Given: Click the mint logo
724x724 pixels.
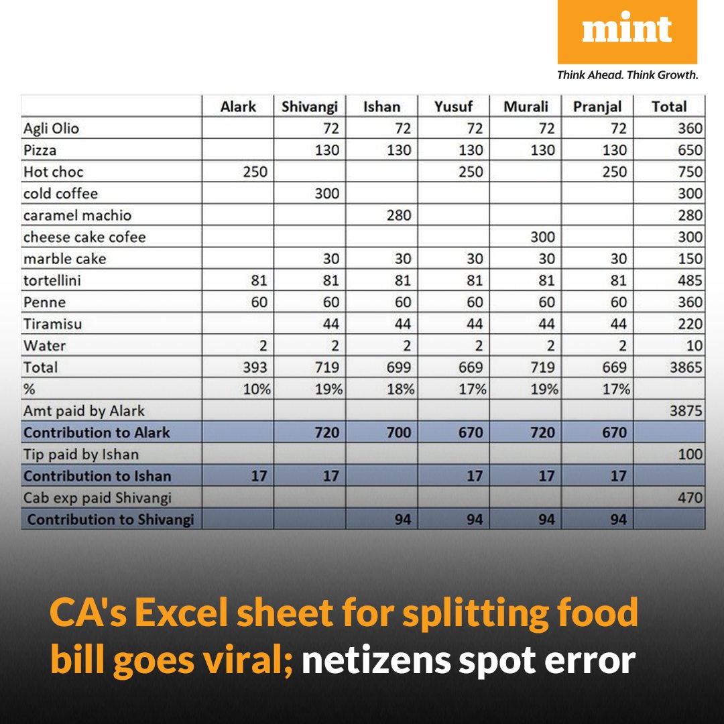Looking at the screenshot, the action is pyautogui.click(x=627, y=32).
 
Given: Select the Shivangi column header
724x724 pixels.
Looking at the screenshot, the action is pyautogui.click(x=309, y=107).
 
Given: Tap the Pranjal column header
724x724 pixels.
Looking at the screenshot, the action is pyautogui.click(x=597, y=107).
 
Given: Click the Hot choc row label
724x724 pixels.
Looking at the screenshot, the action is pyautogui.click(x=54, y=172).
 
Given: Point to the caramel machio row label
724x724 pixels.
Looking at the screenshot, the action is pyautogui.click(x=77, y=215).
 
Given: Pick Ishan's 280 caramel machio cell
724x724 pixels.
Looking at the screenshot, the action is pyautogui.click(x=399, y=215).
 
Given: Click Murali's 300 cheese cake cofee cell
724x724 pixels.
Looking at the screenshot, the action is pyautogui.click(x=542, y=237).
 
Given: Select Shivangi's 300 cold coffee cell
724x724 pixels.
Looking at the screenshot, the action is pyautogui.click(x=327, y=194).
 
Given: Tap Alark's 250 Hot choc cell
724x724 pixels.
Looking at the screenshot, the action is pyautogui.click(x=255, y=172).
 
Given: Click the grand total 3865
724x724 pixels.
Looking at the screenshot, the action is pyautogui.click(x=686, y=367).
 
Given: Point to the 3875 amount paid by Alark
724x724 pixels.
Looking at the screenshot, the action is pyautogui.click(x=686, y=410).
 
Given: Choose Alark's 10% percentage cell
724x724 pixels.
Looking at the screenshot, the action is pyautogui.click(x=257, y=389).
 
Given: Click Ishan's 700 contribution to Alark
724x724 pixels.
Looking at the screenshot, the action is pyautogui.click(x=399, y=432).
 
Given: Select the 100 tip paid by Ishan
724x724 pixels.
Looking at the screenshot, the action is pyautogui.click(x=690, y=454).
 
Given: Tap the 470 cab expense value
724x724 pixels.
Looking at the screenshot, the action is pyautogui.click(x=690, y=497).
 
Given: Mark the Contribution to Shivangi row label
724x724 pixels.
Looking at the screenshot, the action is pyautogui.click(x=111, y=520).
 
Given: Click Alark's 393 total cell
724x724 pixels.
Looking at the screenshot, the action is pyautogui.click(x=255, y=367).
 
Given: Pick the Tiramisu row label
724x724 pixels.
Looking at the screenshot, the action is pyautogui.click(x=53, y=324).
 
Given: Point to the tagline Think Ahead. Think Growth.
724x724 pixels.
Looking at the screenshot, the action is pyautogui.click(x=627, y=75).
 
